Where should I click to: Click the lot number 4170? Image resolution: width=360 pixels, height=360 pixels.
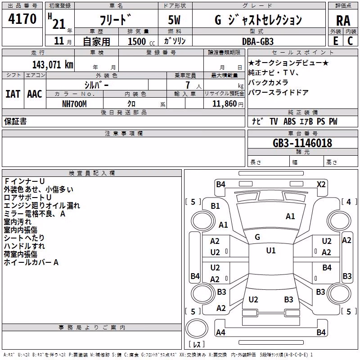coord(22,19)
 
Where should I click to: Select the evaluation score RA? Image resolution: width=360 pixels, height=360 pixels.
coord(343,21)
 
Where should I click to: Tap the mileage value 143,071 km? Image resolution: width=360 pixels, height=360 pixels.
coord(53,65)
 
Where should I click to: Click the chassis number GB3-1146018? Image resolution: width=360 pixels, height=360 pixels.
coord(302,143)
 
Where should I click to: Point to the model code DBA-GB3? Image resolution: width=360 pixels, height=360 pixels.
coord(258,41)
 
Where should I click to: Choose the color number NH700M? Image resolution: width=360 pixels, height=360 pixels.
coord(74,104)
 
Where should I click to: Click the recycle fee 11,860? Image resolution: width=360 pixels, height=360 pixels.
coord(225,104)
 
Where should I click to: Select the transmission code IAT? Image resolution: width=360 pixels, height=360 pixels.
coord(13,94)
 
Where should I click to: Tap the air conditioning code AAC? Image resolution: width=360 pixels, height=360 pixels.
coord(35,94)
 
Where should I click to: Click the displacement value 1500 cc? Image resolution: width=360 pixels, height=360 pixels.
coord(141,41)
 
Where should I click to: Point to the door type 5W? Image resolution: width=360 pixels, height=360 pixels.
coord(174,20)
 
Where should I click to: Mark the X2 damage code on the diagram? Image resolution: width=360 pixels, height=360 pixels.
coord(321,184)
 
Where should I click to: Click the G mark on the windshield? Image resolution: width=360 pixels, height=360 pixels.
coord(257,237)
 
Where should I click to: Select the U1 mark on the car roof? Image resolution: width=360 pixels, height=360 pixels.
coord(271,251)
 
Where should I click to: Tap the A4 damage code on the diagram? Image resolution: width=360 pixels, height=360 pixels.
coord(220,332)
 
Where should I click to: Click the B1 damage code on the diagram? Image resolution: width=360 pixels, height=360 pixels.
coord(216,206)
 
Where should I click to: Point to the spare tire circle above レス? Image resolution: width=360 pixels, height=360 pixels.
coord(197,328)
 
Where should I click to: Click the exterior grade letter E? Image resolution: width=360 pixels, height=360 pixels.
coord(336,41)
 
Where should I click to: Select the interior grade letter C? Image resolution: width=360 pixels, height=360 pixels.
coord(350,41)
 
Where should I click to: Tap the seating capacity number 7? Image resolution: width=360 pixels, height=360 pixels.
coord(188,85)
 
